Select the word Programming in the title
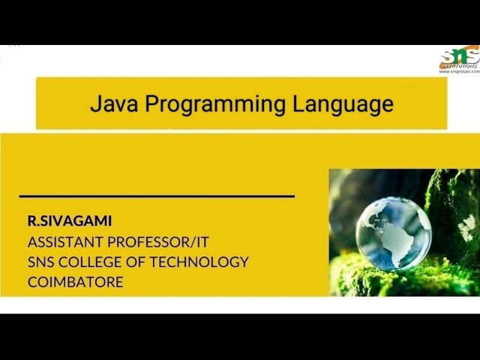215,105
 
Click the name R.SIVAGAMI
69,221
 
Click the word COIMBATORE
75,282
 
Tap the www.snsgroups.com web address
459,71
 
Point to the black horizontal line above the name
157,196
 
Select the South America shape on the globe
406,244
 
